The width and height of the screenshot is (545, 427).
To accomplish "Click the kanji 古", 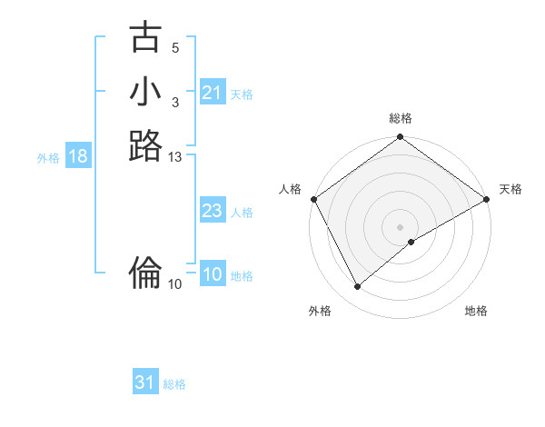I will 146,38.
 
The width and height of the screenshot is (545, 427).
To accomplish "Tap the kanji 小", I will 146,92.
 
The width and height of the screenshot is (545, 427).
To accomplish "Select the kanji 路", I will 146,145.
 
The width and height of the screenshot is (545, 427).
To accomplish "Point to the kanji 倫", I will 146,270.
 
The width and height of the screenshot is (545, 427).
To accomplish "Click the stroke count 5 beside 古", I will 174,48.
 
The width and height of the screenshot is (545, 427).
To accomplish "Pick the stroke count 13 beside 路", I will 174,157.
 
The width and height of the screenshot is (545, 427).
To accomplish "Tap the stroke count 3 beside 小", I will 174,102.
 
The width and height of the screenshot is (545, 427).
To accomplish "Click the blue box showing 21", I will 212,93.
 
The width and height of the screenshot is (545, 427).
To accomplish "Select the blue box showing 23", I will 212,211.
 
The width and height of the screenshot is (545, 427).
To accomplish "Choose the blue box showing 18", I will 78,156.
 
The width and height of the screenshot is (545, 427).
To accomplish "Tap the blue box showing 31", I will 145,382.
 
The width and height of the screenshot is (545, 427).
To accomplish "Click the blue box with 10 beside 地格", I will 213,275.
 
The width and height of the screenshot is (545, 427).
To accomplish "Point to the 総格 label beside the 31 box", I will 174,384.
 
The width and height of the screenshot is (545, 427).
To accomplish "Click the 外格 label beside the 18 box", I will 48,158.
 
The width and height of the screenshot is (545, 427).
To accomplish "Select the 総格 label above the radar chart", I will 401,119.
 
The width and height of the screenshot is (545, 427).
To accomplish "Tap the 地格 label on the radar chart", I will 476,311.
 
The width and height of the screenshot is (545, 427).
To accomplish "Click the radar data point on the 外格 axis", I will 358,287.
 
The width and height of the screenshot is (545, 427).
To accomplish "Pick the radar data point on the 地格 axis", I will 411,242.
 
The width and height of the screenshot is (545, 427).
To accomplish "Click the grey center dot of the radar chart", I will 401,226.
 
